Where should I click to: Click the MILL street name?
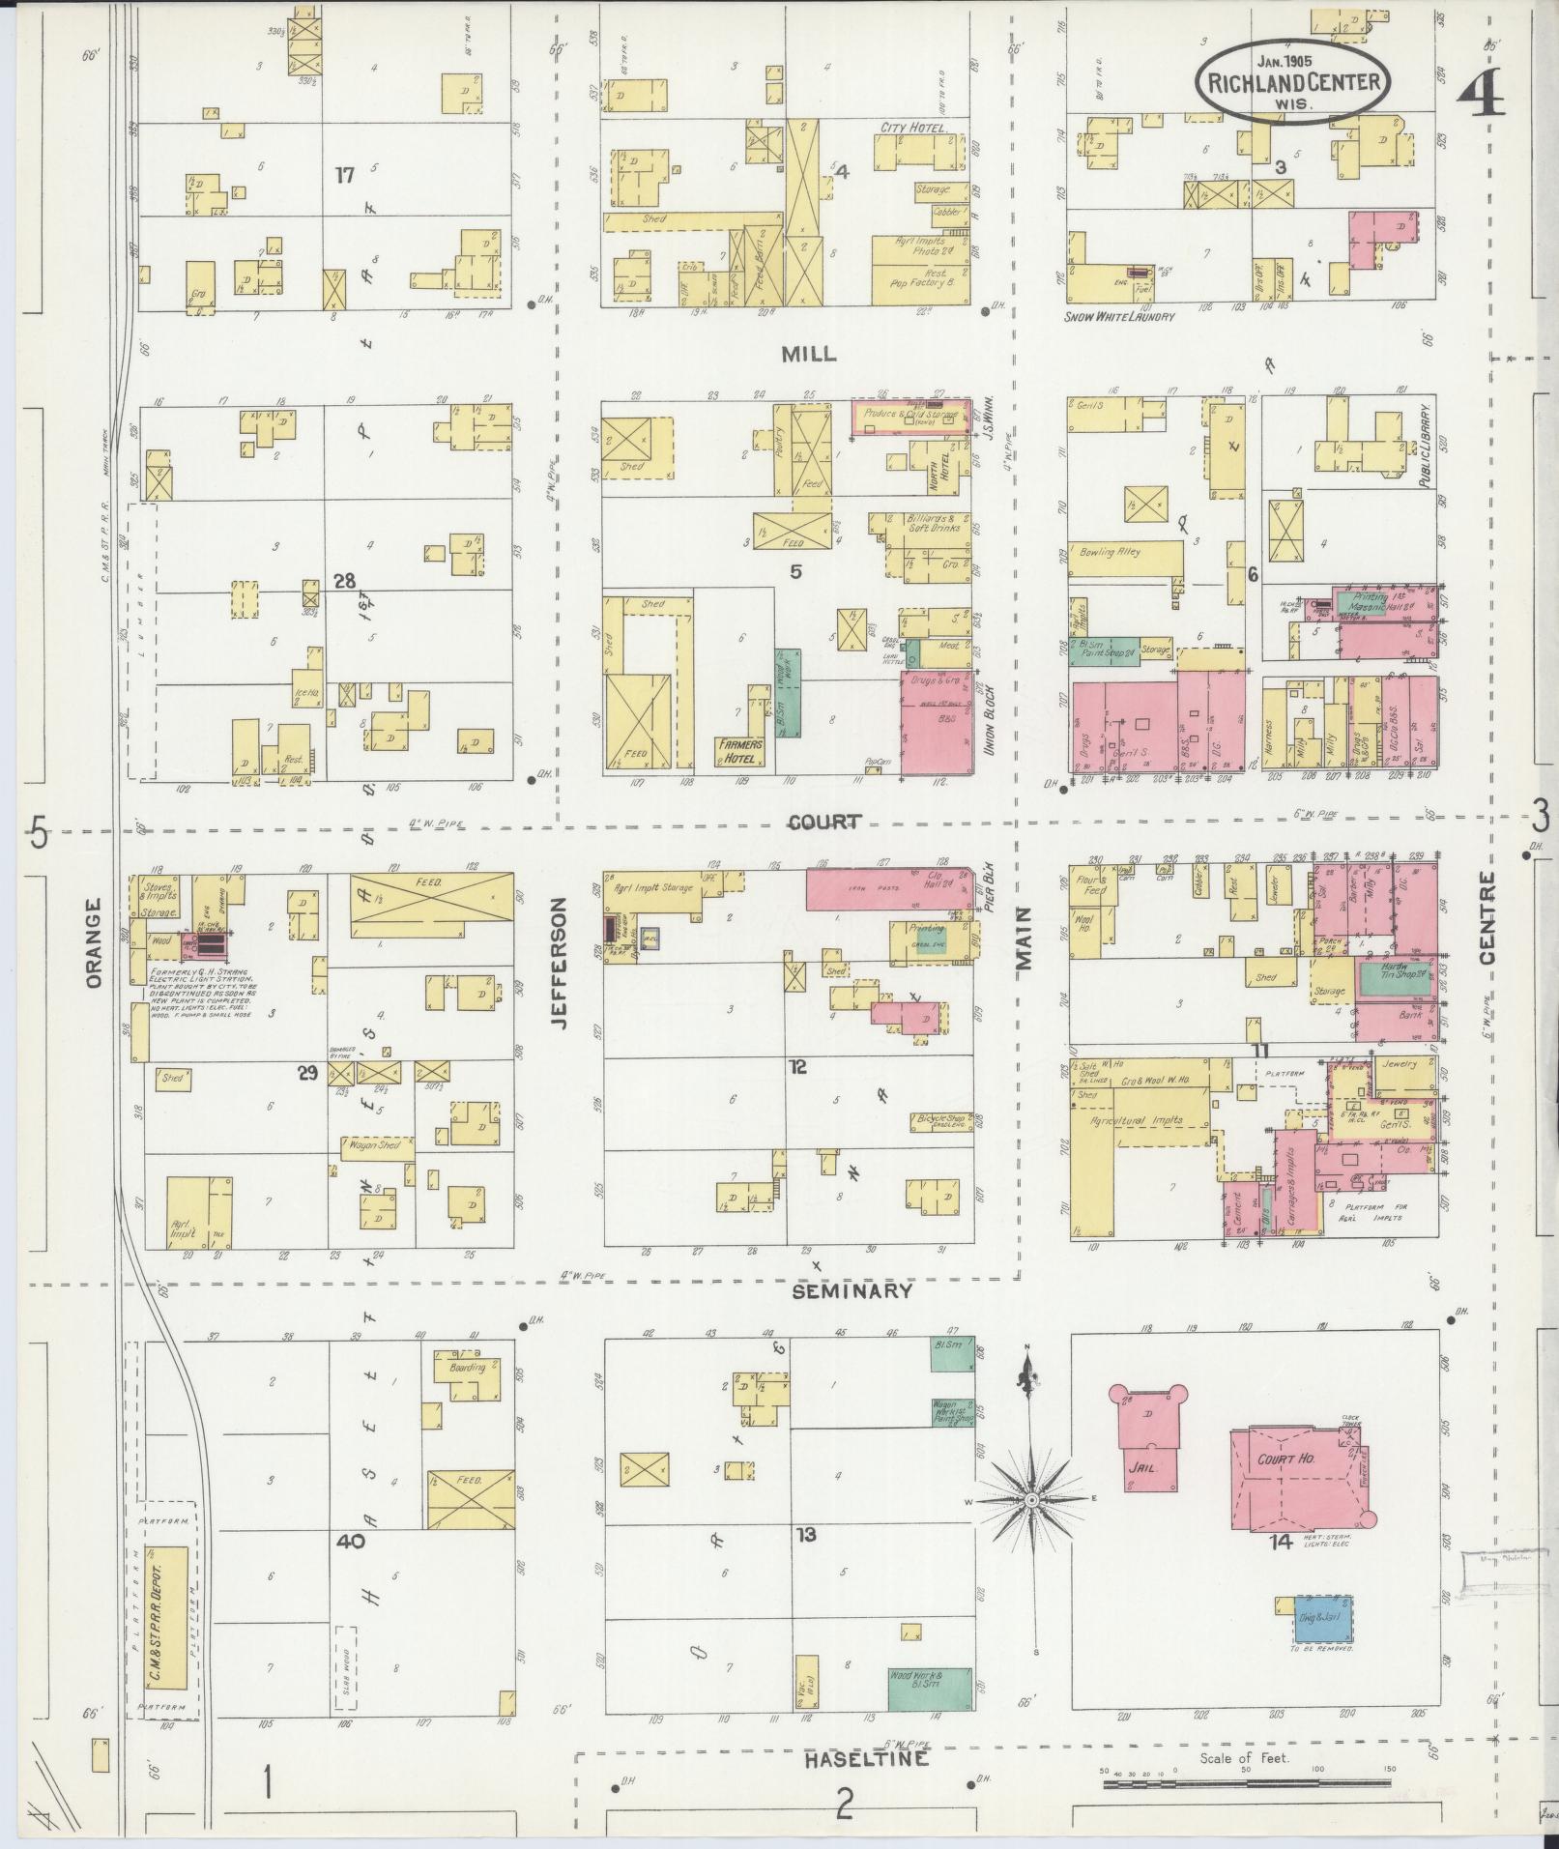tap(809, 355)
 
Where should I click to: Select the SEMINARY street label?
tap(852, 1290)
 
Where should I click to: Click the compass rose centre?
tap(1031, 1526)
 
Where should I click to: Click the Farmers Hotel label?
tap(740, 751)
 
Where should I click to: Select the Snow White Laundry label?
tap(1119, 317)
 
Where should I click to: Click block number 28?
tap(344, 581)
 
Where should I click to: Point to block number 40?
tap(350, 1541)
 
